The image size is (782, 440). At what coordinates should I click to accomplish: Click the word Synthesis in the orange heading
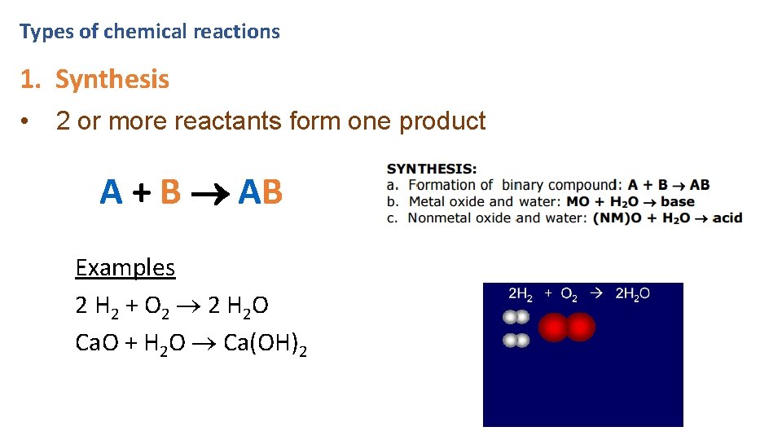pos(112,80)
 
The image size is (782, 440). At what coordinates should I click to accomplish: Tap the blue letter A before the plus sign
pos(111,192)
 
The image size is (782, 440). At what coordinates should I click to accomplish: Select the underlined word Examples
pos(125,267)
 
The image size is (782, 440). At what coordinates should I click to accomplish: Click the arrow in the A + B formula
pos(209,194)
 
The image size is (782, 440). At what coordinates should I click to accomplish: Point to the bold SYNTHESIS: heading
pos(432,169)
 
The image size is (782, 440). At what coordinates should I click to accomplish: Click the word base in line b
pos(678,201)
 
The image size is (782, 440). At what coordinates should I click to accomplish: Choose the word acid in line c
pos(727,218)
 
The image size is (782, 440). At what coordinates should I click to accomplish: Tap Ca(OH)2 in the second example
pos(266,344)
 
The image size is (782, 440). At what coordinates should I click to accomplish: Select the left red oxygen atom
pos(553,328)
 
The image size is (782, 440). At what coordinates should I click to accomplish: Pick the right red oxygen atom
pos(580,328)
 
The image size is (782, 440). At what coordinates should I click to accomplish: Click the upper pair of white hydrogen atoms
pos(516,317)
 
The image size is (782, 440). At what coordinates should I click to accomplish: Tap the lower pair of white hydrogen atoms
pos(516,341)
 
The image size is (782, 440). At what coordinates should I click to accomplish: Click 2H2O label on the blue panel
pos(632,294)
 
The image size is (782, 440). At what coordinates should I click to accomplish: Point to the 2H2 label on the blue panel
pos(521,294)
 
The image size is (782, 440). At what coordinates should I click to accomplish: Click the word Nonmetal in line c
pos(437,218)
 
